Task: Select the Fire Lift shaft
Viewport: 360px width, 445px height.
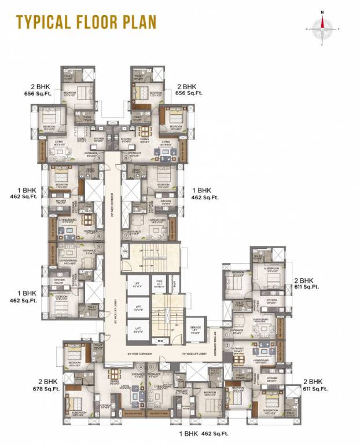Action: point(158,284)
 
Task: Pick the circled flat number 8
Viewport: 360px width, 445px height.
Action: point(126,156)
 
